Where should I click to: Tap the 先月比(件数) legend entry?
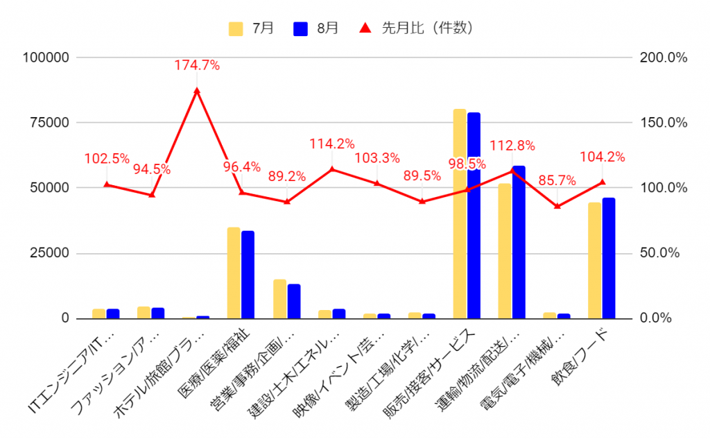pos(417,28)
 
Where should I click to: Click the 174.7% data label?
pos(198,66)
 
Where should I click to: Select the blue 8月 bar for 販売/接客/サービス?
pos(474,215)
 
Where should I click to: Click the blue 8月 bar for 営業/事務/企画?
pos(294,301)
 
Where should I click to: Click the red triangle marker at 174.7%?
pos(198,91)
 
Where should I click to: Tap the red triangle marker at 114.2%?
pos(332,169)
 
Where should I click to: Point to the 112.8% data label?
pos(512,146)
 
